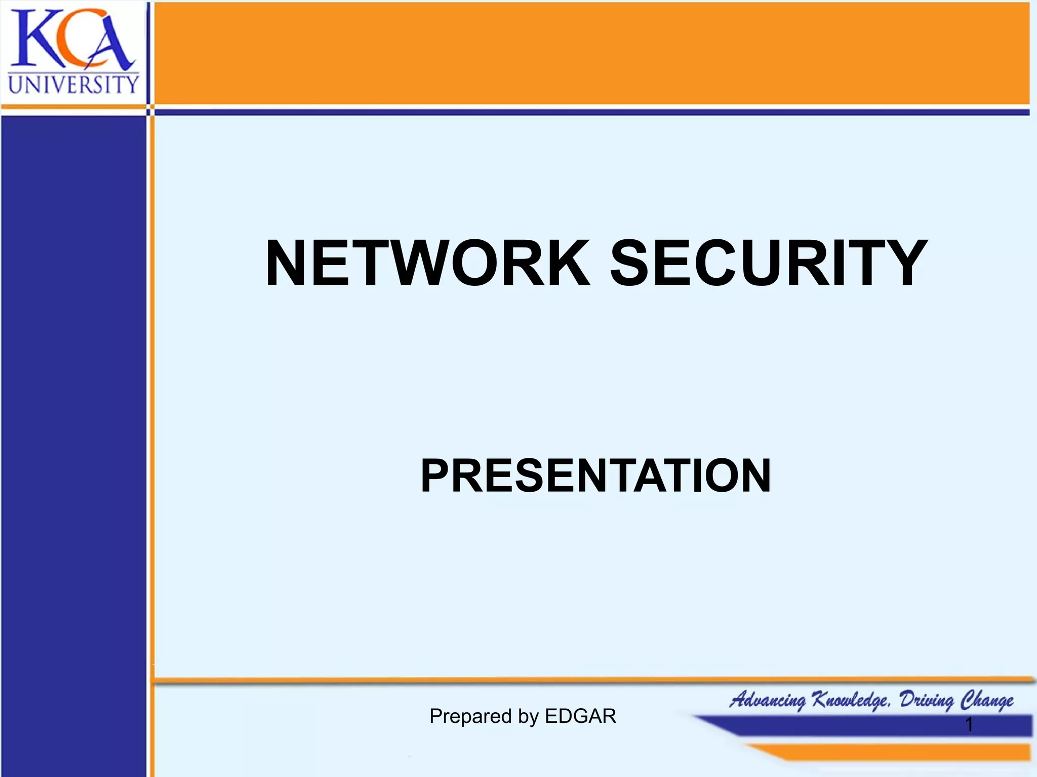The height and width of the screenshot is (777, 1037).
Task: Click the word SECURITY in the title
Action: pyautogui.click(x=769, y=264)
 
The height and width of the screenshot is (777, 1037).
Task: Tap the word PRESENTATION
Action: pyautogui.click(x=595, y=476)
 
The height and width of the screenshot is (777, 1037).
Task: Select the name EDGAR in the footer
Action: pyautogui.click(x=580, y=716)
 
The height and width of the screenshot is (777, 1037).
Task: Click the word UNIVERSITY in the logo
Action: pyautogui.click(x=73, y=84)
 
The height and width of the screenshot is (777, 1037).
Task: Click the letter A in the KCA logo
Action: pyautogui.click(x=109, y=43)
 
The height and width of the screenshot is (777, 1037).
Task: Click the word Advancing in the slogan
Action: pyautogui.click(x=768, y=700)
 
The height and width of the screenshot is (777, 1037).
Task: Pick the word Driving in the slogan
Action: pyautogui.click(x=927, y=700)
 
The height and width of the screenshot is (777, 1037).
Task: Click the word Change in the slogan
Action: pyautogui.click(x=987, y=700)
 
